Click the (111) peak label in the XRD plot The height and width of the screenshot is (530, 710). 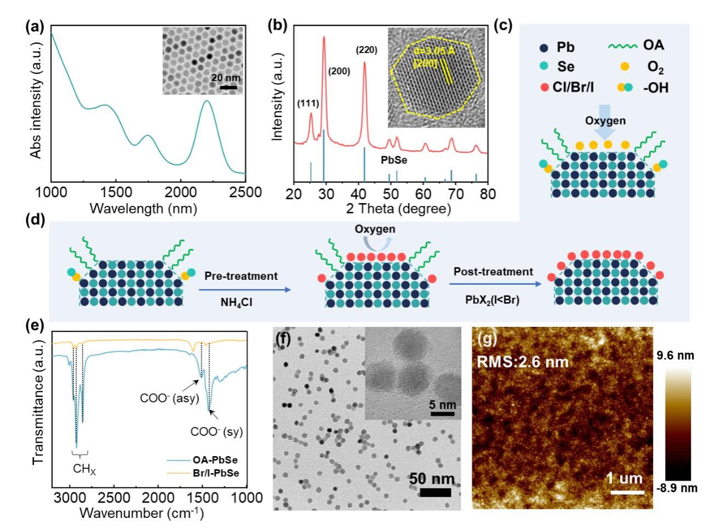307,103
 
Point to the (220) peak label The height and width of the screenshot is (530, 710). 367,50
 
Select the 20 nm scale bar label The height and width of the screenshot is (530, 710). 226,78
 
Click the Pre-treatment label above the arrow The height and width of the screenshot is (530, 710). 241,276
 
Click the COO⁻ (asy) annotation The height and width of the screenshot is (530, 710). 161,399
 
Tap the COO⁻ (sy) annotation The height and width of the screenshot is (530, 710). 216,431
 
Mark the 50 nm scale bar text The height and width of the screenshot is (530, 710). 432,479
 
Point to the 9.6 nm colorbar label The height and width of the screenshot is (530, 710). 677,356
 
